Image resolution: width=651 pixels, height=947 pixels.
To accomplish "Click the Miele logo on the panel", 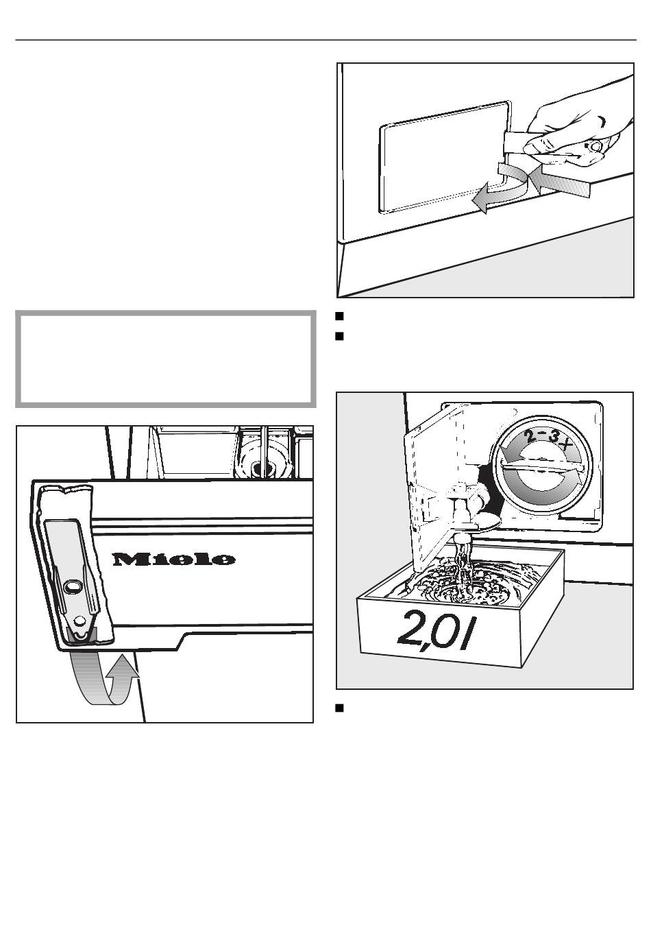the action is (x=173, y=559).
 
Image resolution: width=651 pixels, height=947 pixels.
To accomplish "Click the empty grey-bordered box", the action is (x=166, y=359).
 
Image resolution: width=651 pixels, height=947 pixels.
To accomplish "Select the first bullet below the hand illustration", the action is (x=339, y=315).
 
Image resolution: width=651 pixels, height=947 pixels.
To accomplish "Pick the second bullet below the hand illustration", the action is (x=339, y=336).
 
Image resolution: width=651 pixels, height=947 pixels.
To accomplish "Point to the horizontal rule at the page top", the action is (x=325, y=40).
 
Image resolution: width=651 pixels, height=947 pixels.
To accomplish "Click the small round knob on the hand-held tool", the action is (x=594, y=147).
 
